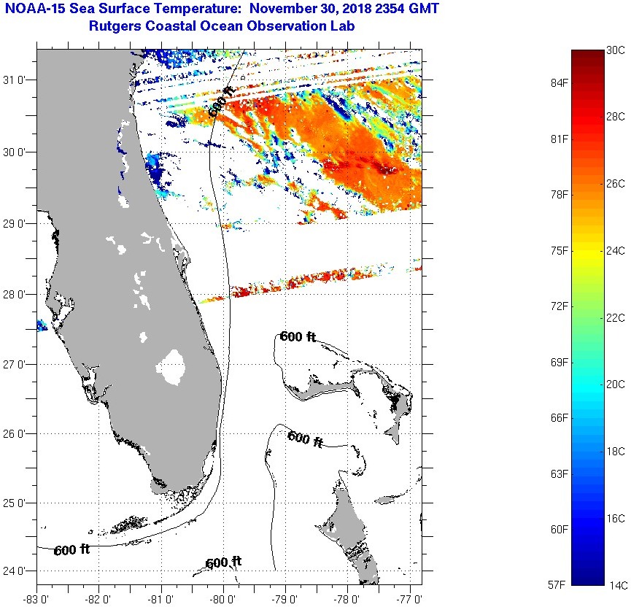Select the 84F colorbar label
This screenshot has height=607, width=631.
560,83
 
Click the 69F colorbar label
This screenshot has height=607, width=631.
560,362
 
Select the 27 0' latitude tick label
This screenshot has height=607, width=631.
17,364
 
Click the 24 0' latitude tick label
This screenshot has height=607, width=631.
17,571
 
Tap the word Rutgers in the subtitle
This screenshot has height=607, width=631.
113,26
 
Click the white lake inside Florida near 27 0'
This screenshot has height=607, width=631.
172,366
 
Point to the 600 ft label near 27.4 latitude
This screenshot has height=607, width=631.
298,336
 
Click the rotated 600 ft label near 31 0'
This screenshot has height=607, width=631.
221,101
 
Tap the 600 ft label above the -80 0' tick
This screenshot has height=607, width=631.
223,562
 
